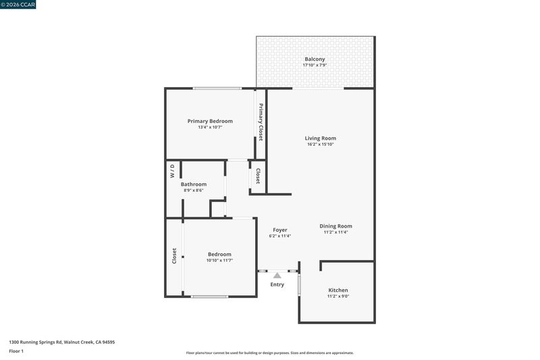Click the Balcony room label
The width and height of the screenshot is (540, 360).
(315, 59)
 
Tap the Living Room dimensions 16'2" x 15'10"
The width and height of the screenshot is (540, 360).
(320, 145)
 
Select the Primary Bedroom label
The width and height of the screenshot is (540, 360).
(210, 121)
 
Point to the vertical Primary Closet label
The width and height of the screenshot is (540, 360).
(261, 122)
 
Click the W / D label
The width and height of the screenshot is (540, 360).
(172, 171)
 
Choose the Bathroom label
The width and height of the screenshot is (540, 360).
(194, 184)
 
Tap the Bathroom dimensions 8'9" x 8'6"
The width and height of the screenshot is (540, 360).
(194, 190)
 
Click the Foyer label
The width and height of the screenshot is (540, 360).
(280, 230)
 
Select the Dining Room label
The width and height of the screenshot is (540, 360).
(335, 226)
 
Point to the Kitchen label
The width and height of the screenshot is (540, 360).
(338, 290)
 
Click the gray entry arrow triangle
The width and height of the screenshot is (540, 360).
(277, 276)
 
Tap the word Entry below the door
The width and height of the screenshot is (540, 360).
(277, 284)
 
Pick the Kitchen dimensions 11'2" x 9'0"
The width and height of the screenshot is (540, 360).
(338, 296)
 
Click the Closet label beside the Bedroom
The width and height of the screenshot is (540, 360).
(174, 256)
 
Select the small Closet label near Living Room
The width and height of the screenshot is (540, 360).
(258, 176)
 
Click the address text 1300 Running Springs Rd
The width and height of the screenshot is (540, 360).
(36, 342)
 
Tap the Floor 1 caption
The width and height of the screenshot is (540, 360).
(16, 351)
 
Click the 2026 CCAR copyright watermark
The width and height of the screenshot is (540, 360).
(18, 5)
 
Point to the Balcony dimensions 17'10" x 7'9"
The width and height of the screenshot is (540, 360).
(315, 65)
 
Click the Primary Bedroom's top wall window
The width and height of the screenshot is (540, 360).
(217, 88)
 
